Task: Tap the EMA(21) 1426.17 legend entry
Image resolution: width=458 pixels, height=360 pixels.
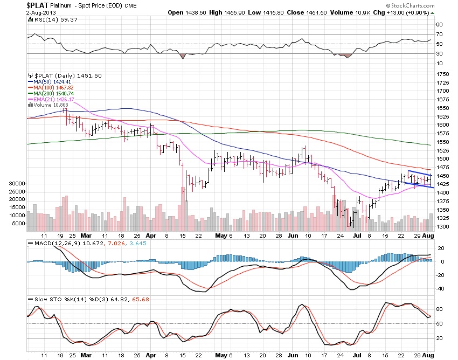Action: click(51, 100)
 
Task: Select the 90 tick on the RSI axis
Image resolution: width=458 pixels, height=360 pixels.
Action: click(440, 25)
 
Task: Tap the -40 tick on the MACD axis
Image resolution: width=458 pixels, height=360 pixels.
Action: click(440, 288)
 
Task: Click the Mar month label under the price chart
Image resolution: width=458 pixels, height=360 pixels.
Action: click(86, 236)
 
